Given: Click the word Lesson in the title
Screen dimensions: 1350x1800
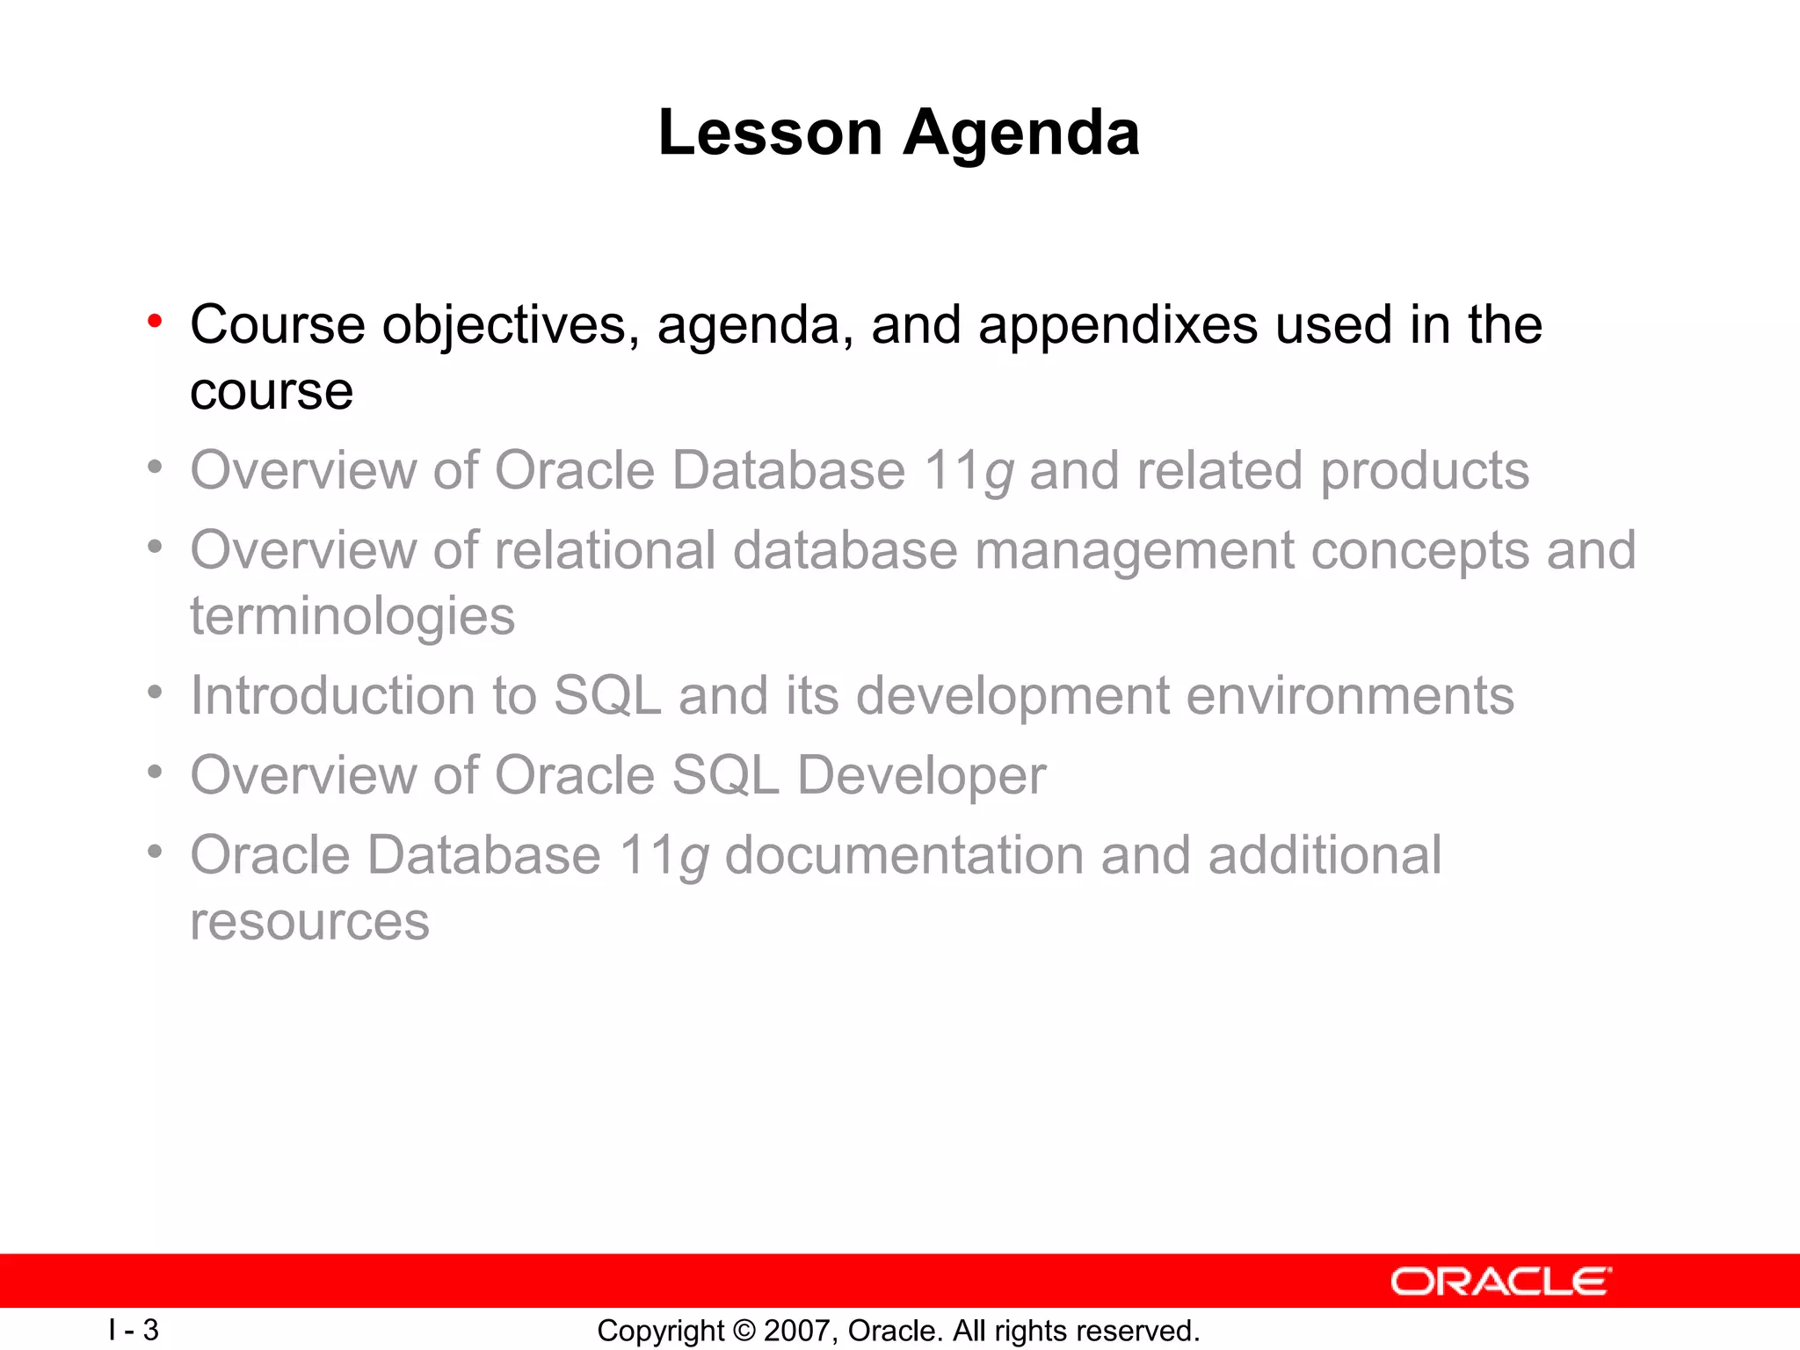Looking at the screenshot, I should (770, 133).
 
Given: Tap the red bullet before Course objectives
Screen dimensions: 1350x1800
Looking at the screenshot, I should (155, 322).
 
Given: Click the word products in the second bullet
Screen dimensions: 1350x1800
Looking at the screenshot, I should (1425, 472).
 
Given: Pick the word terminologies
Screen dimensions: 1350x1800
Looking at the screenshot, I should (352, 617).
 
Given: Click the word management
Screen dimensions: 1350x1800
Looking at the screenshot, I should (1135, 552).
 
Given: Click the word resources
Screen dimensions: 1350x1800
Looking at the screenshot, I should (309, 923).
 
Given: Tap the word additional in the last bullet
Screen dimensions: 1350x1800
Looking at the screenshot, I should (1325, 855).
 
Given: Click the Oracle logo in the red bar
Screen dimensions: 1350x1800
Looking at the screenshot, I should (1500, 1281).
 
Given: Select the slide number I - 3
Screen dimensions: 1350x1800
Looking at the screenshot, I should (134, 1330).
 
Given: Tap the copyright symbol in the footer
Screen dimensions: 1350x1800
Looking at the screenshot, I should (744, 1331).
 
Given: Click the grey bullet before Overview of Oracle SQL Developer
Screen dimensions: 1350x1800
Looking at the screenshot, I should (155, 773).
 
